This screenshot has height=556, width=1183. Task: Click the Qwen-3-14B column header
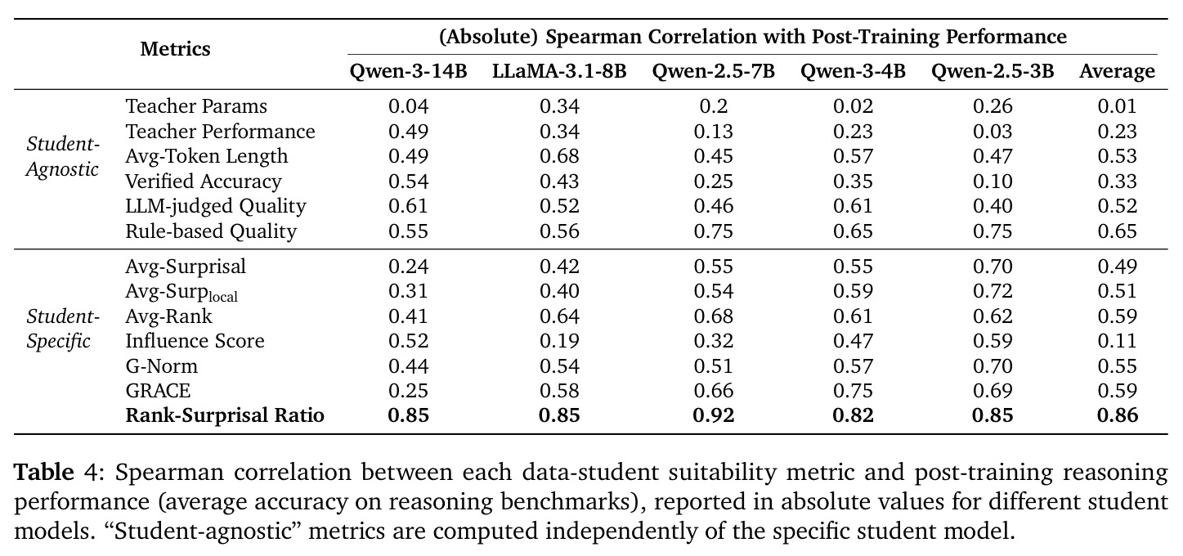(x=408, y=71)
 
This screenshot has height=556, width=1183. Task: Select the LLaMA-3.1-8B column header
(x=559, y=71)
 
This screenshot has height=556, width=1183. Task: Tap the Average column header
(x=1117, y=72)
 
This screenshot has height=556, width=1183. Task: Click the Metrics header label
(x=175, y=49)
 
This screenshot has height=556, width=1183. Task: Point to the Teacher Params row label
(x=196, y=106)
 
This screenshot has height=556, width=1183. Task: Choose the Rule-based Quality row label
(x=211, y=231)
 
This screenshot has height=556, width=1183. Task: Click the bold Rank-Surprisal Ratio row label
(x=225, y=415)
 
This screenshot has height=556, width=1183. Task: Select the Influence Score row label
(x=195, y=341)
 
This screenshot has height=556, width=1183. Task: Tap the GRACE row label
(x=158, y=391)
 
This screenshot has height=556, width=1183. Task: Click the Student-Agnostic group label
(x=63, y=156)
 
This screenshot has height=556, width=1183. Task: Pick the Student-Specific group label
(x=63, y=329)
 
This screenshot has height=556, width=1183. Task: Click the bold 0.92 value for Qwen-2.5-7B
(x=714, y=415)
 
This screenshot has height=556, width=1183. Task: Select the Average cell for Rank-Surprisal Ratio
(x=1118, y=415)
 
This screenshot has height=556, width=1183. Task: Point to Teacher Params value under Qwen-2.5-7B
(x=714, y=106)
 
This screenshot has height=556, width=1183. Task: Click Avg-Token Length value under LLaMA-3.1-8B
(x=559, y=156)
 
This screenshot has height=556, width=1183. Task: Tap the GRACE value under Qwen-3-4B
(x=854, y=391)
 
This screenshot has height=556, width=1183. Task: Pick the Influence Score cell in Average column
(x=1118, y=341)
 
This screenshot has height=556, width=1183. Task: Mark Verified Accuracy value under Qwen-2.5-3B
(x=993, y=182)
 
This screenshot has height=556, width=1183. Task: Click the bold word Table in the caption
(x=44, y=472)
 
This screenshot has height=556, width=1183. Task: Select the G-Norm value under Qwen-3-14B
(x=408, y=366)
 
